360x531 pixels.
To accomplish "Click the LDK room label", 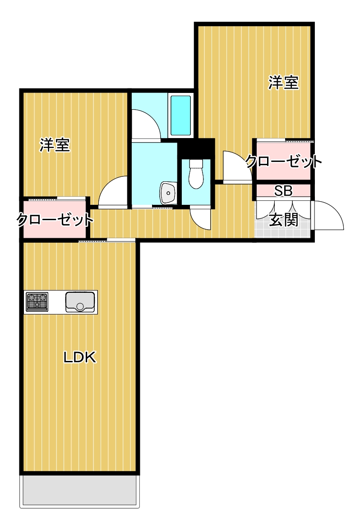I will coord(79,358).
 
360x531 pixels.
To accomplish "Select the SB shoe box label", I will coord(283,191).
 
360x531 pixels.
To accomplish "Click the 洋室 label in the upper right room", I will coord(284,83).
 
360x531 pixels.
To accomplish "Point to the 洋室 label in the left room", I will coord(54,145).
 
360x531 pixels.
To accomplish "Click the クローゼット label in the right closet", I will coord(284,161).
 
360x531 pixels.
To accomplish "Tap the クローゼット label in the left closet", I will coord(55,220).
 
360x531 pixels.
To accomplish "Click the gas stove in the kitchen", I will coord(37,302).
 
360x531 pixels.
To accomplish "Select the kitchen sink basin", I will coord(80,302).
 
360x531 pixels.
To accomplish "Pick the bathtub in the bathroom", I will coord(180,115).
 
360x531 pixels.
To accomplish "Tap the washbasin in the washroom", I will coord(168,194).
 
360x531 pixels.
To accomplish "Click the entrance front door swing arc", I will coord(328,217).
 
